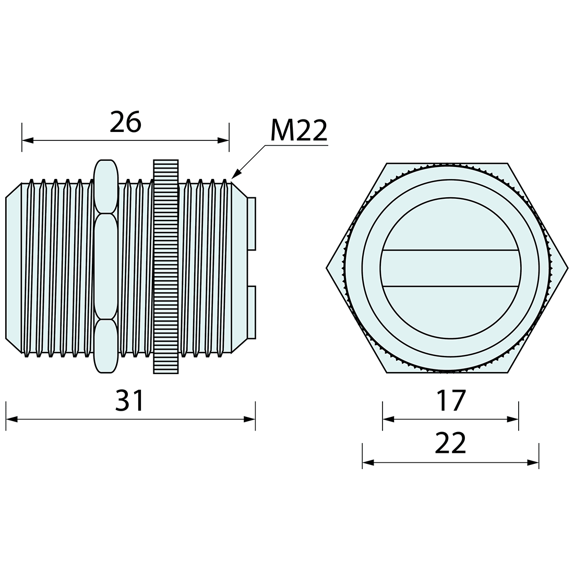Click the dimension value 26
(x=125, y=122)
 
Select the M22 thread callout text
(x=298, y=130)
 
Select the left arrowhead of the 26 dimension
(x=28, y=140)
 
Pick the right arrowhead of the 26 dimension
(x=223, y=140)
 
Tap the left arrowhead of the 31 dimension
(x=11, y=419)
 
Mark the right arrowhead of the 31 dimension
(x=249, y=419)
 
